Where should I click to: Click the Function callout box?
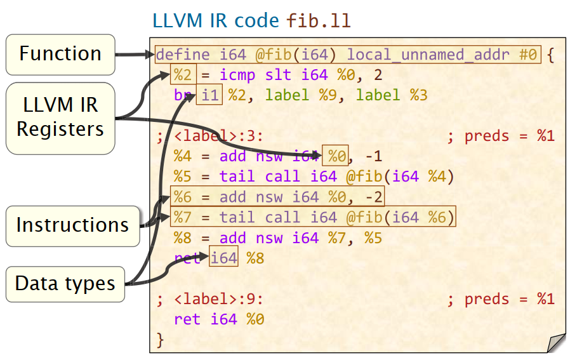point(60,54)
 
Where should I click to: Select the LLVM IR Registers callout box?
point(60,117)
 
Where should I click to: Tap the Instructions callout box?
point(72,225)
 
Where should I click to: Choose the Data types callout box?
point(65,283)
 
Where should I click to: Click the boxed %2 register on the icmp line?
point(183,75)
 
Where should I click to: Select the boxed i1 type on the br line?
point(209,95)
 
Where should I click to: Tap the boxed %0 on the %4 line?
point(336,156)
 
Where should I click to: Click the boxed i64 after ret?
point(223,258)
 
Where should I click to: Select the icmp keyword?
point(237,75)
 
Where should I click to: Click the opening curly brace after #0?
point(550,55)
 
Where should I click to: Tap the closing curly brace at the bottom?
point(160,340)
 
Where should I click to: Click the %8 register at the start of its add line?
point(183,238)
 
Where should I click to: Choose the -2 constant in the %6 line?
point(374,197)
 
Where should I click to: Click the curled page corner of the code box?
point(555,343)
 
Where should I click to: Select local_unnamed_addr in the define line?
point(428,55)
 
